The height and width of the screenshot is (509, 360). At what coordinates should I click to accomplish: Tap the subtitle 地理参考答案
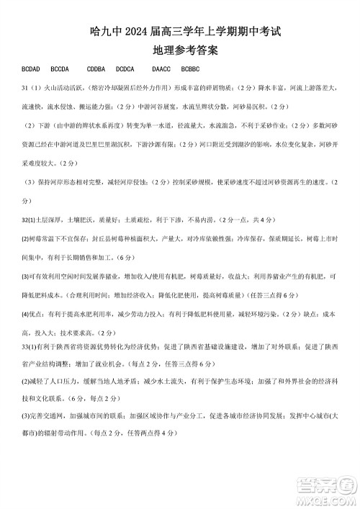180,53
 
